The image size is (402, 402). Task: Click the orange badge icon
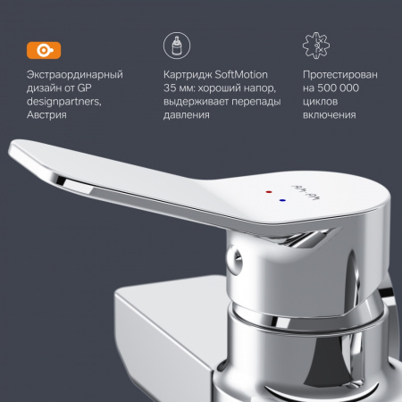[x=44, y=50]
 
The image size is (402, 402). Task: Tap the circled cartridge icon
[x=177, y=46]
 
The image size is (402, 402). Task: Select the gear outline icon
[x=316, y=46]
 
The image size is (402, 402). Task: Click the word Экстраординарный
[x=75, y=74]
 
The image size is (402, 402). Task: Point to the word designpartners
[x=64, y=102]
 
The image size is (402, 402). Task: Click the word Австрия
[x=46, y=115]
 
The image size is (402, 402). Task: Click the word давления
[x=187, y=115]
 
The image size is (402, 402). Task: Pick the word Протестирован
[x=340, y=74]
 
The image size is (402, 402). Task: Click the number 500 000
[x=338, y=88]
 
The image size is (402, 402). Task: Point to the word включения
[x=330, y=115]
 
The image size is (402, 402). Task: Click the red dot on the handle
[x=269, y=192]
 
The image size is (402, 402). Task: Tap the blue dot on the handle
[x=282, y=200]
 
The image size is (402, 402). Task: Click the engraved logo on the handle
[x=305, y=193]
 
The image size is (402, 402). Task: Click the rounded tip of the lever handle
[x=15, y=148]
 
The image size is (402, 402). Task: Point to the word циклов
[x=320, y=102]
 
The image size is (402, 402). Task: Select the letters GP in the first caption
[x=84, y=88]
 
